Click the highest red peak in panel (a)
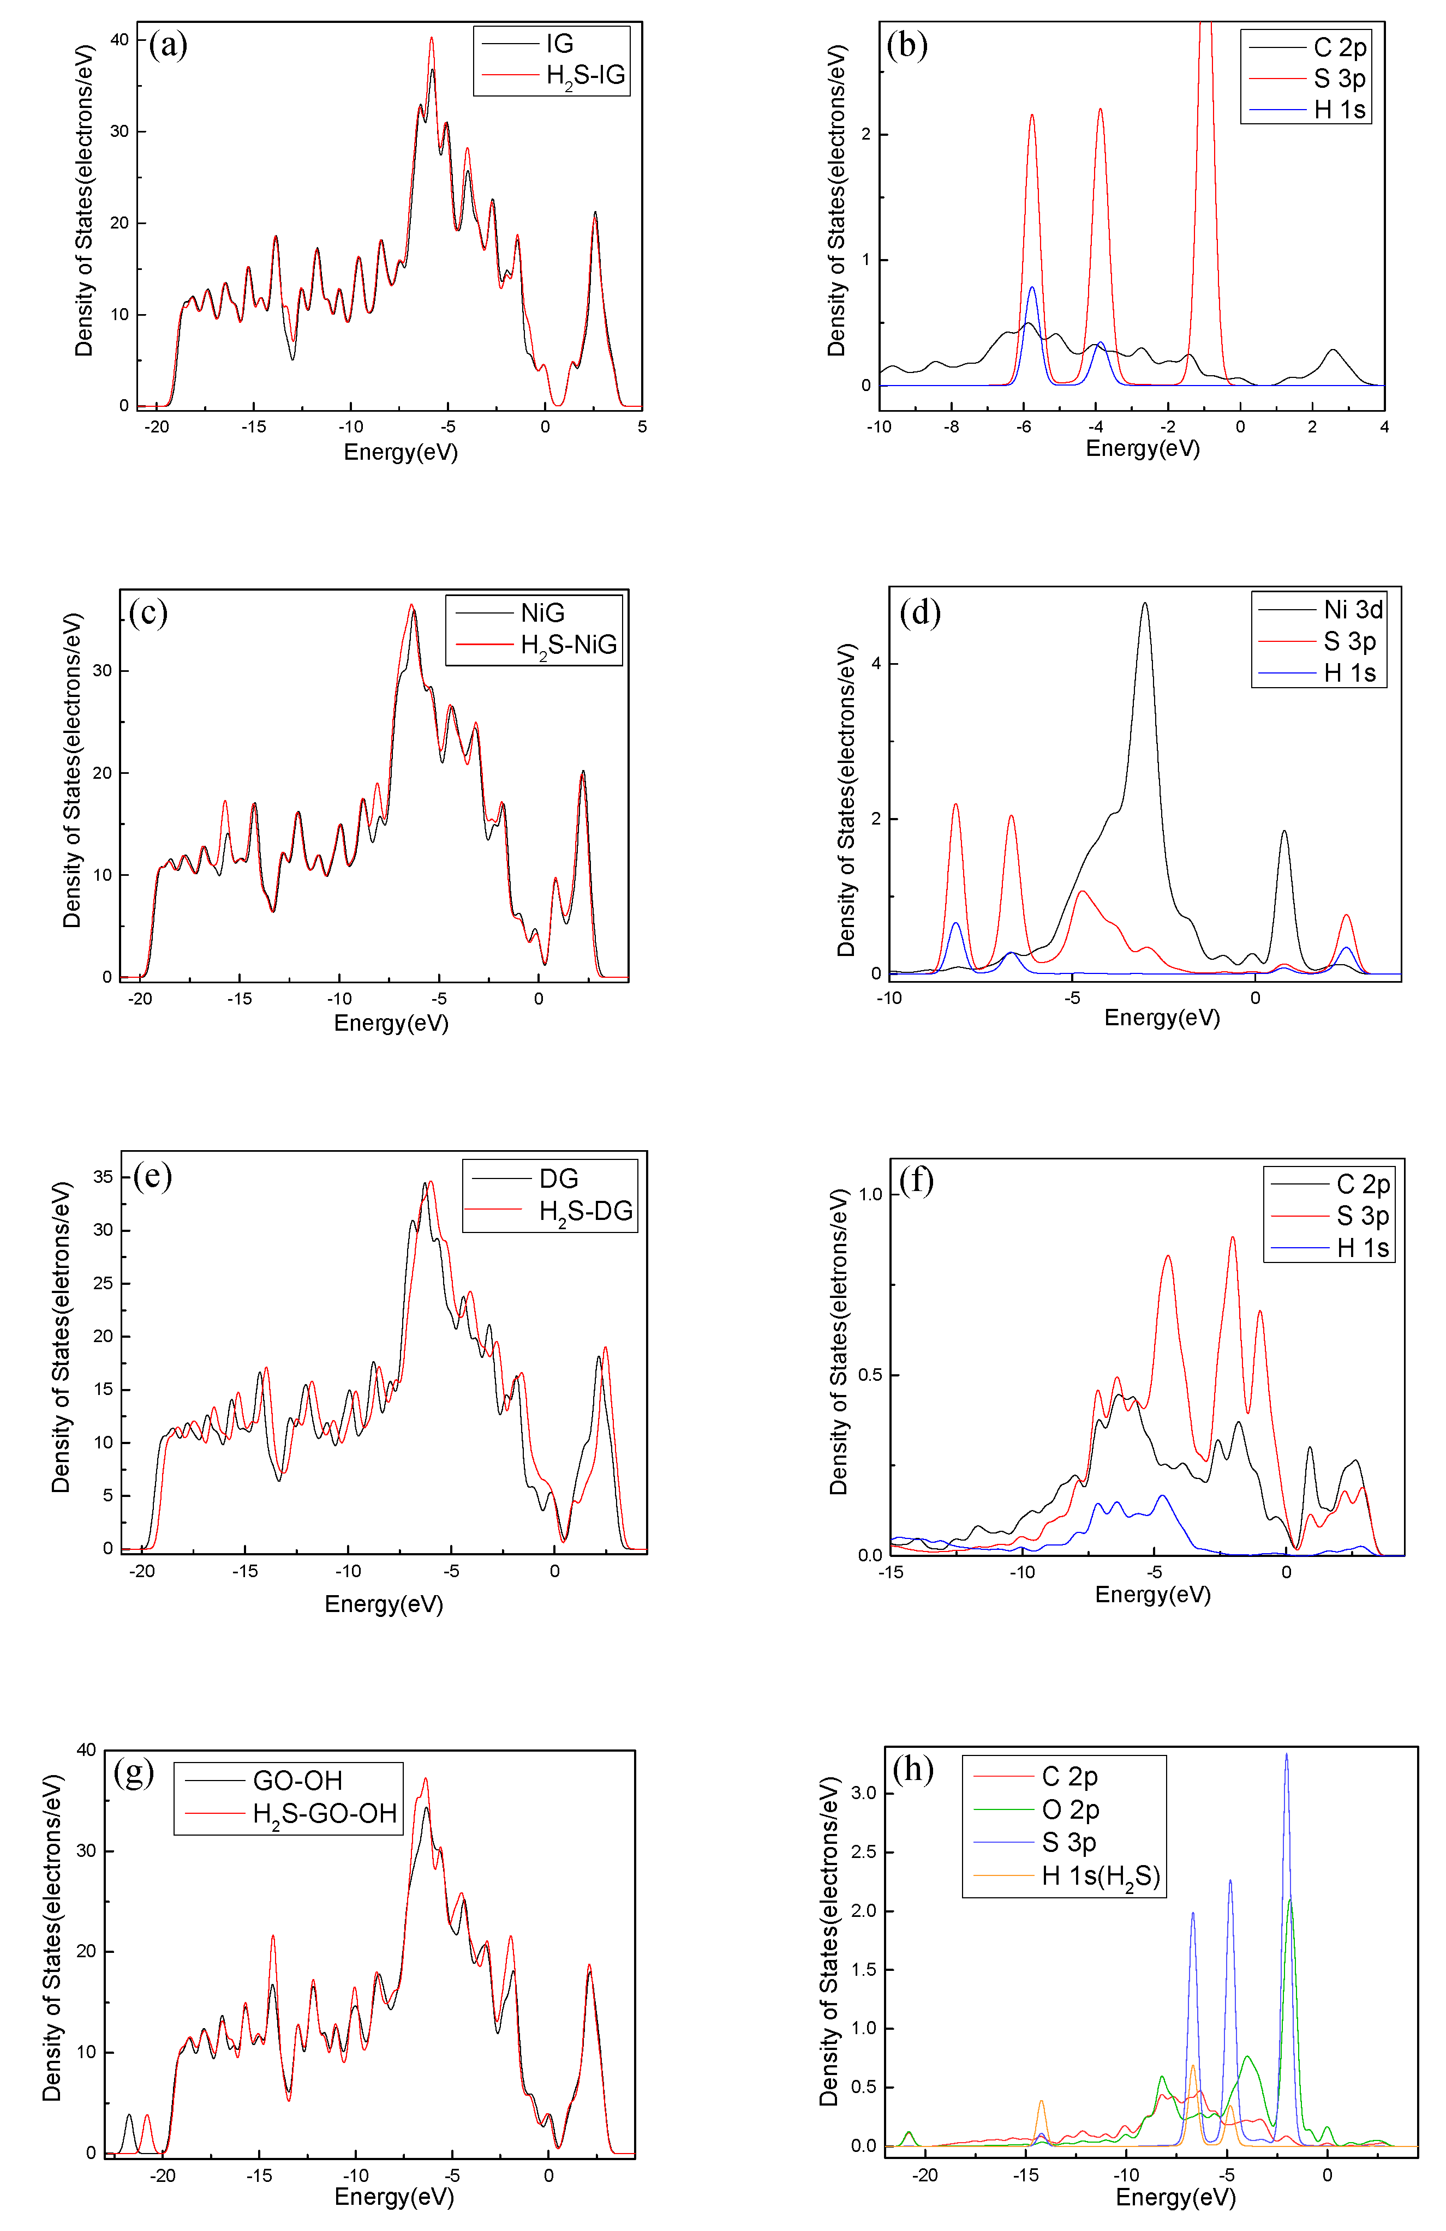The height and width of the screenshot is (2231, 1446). tap(432, 39)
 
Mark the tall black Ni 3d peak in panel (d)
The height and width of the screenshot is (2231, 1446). tap(1144, 605)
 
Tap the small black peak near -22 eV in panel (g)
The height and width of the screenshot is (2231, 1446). tap(129, 2116)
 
